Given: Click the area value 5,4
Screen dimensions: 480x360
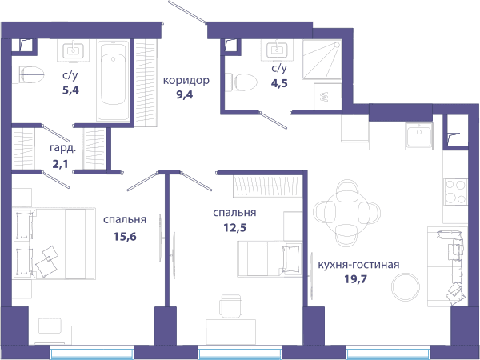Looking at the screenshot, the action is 70,90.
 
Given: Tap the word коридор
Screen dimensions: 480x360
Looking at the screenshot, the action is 186,81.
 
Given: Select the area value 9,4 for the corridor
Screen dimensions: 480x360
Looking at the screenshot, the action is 184,94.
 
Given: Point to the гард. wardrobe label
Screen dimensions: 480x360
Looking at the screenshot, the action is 62,149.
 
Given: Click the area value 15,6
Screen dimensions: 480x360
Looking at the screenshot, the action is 125,236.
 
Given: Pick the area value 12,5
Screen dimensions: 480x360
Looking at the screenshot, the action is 234,228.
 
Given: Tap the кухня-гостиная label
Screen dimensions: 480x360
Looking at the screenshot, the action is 358,265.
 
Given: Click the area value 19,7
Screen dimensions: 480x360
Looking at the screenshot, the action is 355,279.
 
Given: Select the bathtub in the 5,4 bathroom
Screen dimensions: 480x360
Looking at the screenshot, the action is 113,81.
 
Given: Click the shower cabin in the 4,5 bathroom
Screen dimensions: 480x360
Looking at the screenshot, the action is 322,59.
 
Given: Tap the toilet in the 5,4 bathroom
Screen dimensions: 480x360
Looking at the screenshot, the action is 28,74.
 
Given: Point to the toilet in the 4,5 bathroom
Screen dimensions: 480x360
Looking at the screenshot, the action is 241,82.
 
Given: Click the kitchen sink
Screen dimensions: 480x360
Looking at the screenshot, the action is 418,136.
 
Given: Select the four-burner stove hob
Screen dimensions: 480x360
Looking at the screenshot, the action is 455,192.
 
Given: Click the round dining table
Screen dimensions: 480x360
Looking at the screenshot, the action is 347,213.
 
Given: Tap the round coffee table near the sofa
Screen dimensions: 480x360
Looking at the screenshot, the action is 406,287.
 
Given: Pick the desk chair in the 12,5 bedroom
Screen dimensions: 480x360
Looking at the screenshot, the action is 231,306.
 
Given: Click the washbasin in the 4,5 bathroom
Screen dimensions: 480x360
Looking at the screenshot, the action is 277,50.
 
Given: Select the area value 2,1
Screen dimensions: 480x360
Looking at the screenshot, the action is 60,164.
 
